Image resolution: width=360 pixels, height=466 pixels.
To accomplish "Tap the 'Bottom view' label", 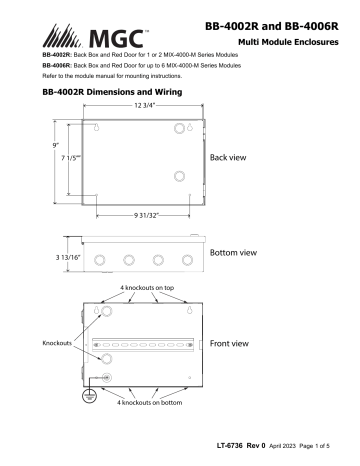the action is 238,252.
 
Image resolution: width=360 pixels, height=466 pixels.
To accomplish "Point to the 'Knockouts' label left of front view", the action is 56,342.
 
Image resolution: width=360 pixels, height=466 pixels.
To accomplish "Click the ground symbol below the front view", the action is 83,397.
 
